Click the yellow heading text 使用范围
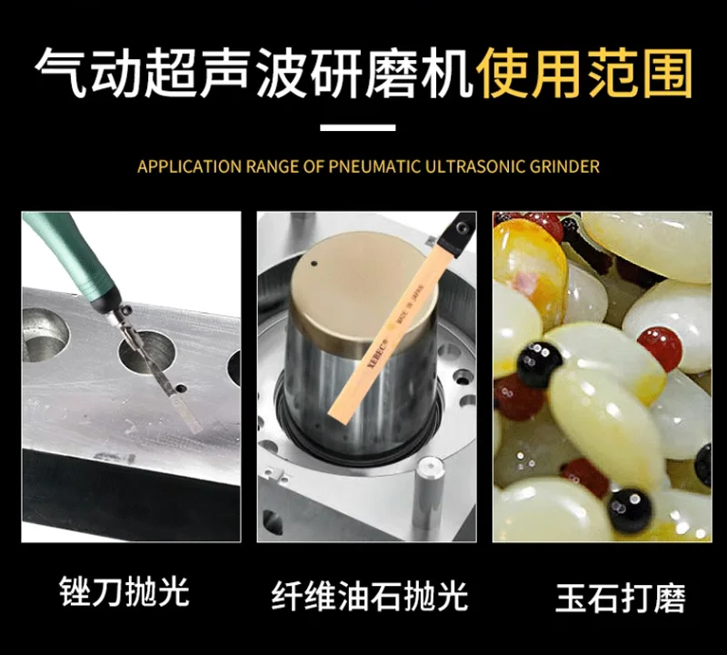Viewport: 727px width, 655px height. point(584,74)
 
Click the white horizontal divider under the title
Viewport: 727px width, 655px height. point(358,127)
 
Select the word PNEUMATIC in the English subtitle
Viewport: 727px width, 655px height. point(373,166)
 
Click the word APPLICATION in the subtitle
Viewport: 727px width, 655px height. point(189,166)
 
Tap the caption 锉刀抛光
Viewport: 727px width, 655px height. point(124,592)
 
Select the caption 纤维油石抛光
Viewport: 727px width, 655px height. point(370,596)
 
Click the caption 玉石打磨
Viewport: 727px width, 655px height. point(621,598)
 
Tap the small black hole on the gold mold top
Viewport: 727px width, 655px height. point(314,264)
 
